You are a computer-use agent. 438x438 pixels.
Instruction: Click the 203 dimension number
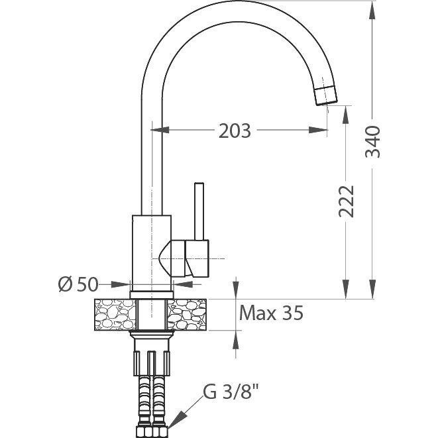235,131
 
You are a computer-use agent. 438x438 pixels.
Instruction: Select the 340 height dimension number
373,142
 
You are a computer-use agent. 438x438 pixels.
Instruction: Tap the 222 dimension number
346,201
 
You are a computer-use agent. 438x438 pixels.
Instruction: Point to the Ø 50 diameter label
78,285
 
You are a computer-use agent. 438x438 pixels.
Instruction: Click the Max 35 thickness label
271,313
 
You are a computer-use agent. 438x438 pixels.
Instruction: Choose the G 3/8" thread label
231,392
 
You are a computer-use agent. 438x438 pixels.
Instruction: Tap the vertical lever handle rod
199,211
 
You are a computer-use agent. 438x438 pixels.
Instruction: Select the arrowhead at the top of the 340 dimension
372,11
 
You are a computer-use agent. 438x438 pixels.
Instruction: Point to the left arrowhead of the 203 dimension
160,130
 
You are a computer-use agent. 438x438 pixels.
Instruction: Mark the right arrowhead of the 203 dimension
318,130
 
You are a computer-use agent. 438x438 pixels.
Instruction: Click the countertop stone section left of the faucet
115,315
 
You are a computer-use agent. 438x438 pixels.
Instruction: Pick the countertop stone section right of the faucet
187,315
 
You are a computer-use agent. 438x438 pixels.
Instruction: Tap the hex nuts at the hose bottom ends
152,432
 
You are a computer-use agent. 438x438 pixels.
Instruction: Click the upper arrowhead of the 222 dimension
346,115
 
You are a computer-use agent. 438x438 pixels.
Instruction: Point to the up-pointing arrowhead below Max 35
236,340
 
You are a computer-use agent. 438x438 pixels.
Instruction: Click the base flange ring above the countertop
152,295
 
